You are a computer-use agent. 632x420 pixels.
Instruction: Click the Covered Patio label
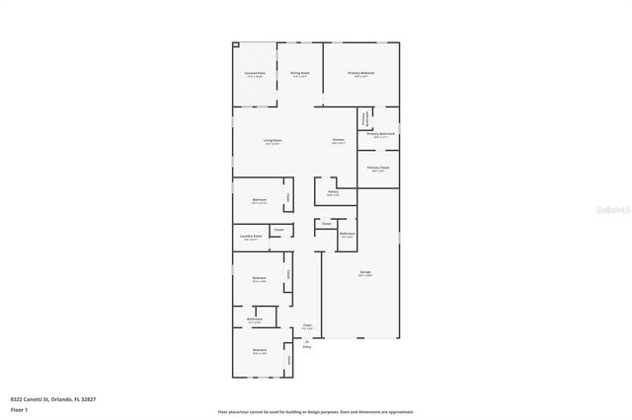[254, 74]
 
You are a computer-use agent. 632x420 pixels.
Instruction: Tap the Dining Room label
[300, 74]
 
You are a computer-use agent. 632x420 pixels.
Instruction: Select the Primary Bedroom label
[361, 74]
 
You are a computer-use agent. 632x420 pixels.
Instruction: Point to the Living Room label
[273, 141]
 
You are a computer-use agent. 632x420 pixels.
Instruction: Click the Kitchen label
[338, 141]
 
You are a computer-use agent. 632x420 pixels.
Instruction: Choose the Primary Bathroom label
[381, 134]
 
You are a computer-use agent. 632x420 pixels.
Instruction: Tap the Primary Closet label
[378, 168]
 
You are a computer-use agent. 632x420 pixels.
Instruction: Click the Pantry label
[333, 192]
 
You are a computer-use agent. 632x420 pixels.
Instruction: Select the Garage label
[365, 272]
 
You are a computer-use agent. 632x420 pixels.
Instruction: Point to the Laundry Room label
[250, 237]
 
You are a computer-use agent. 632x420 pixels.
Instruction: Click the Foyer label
[307, 326]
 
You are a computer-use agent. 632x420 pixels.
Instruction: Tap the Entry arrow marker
[306, 342]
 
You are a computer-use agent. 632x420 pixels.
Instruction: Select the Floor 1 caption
[19, 408]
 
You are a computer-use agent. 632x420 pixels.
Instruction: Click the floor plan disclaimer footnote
[316, 411]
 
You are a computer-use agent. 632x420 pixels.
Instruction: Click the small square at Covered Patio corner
[235, 44]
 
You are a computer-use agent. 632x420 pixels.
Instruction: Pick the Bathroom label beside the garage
[348, 234]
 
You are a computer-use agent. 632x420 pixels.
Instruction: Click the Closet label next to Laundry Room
[278, 231]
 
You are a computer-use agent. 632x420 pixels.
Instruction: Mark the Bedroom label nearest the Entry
[259, 351]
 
